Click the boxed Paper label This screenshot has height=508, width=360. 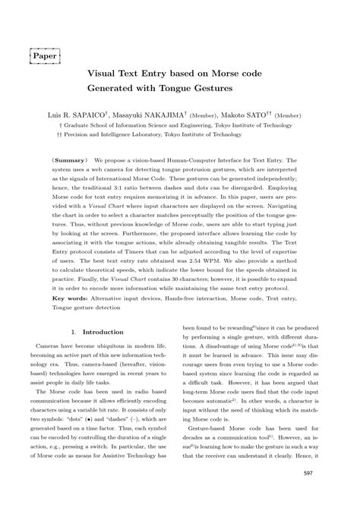coord(47,55)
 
